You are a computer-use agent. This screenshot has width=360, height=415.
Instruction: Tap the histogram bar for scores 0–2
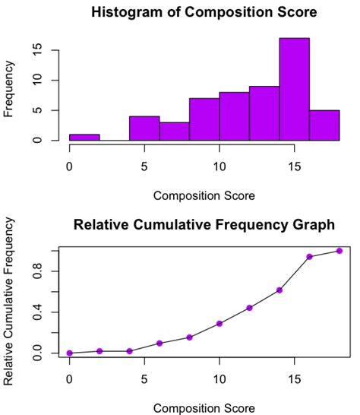84,138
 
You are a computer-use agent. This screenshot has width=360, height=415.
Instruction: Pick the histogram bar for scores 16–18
324,125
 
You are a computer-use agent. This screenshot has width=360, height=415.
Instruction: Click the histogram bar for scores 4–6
144,128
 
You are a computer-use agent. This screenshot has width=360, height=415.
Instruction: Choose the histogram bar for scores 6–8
174,131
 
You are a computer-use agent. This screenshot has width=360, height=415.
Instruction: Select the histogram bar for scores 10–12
234,116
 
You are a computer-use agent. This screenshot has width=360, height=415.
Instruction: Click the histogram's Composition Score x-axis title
204,196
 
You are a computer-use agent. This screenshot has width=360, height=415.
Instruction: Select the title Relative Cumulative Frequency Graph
204,225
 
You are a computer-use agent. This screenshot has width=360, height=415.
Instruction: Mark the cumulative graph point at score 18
339,251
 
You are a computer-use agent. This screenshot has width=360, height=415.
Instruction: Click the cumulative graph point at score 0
70,353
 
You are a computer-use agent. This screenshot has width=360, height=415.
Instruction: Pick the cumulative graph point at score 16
309,257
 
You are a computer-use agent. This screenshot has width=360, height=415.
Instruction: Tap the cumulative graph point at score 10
219,323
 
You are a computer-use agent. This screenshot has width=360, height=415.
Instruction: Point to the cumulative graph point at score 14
279,290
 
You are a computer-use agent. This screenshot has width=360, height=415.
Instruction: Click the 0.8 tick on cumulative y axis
46,271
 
